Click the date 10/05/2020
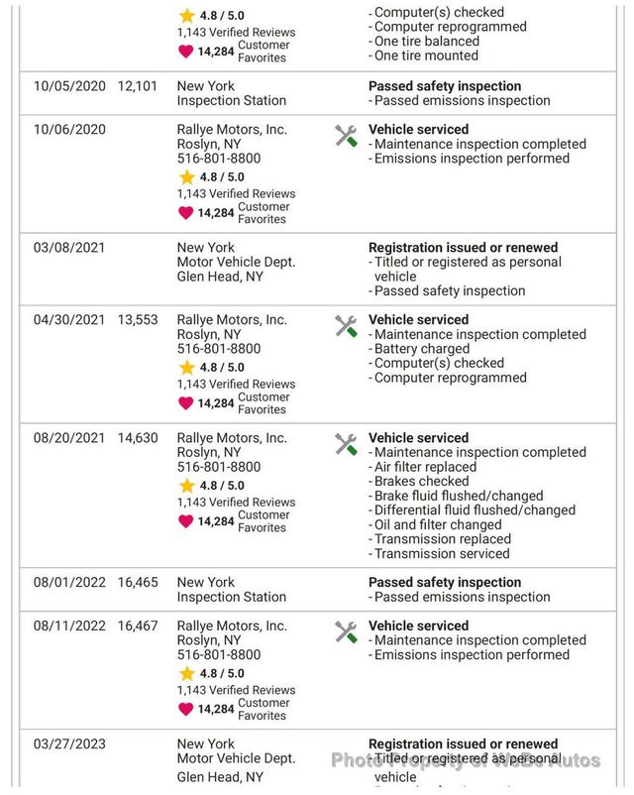[x=69, y=86]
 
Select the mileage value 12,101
[x=138, y=86]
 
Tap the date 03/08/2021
[x=69, y=248]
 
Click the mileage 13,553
[x=138, y=320]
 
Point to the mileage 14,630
[x=138, y=438]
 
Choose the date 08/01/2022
[x=69, y=583]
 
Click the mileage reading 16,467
[x=138, y=626]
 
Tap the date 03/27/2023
[x=69, y=744]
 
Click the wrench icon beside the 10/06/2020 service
[x=346, y=136]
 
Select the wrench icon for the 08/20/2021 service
[x=346, y=444]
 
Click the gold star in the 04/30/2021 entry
[x=187, y=368]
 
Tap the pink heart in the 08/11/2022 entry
[x=186, y=709]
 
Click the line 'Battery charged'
[x=421, y=349]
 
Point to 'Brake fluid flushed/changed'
[x=458, y=496]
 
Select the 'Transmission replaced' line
[x=441, y=539]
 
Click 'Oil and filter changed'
[x=437, y=524]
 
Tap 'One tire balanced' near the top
[x=426, y=42]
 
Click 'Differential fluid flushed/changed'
[x=474, y=511]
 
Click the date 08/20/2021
[x=69, y=438]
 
